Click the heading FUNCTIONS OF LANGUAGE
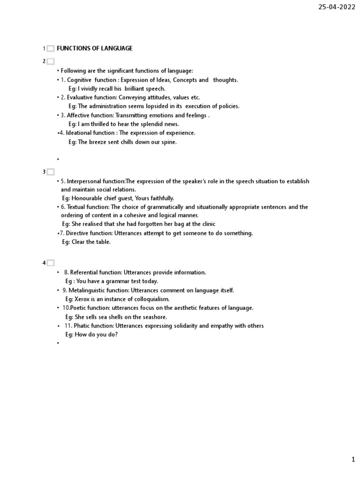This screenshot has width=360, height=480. [x=95, y=48]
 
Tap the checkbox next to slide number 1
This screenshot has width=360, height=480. [x=51, y=49]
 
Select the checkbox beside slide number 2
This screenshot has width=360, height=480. [x=51, y=61]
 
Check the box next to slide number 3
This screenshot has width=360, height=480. [x=51, y=172]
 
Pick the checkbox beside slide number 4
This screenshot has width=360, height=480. [x=51, y=263]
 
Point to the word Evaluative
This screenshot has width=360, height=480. [x=80, y=97]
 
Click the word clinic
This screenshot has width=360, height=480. [x=206, y=224]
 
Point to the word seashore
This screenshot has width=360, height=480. [x=155, y=317]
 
